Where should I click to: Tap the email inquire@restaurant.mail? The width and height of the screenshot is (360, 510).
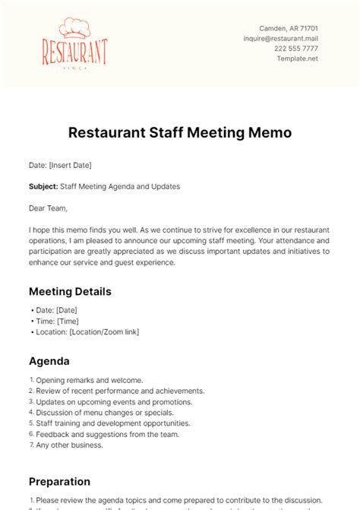(279, 37)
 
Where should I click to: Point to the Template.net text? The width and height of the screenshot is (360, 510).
(298, 59)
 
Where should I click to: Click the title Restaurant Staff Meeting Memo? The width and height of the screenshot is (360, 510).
(180, 132)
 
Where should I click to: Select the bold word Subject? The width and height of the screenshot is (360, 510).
(43, 186)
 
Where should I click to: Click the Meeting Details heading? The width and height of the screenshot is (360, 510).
(70, 291)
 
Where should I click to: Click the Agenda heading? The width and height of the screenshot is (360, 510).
(49, 361)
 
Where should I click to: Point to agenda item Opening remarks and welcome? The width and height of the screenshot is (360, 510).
(90, 380)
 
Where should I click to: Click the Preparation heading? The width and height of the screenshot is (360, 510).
(59, 481)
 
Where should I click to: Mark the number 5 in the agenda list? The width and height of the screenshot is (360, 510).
(32, 423)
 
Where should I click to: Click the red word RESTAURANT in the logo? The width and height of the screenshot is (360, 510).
(74, 53)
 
